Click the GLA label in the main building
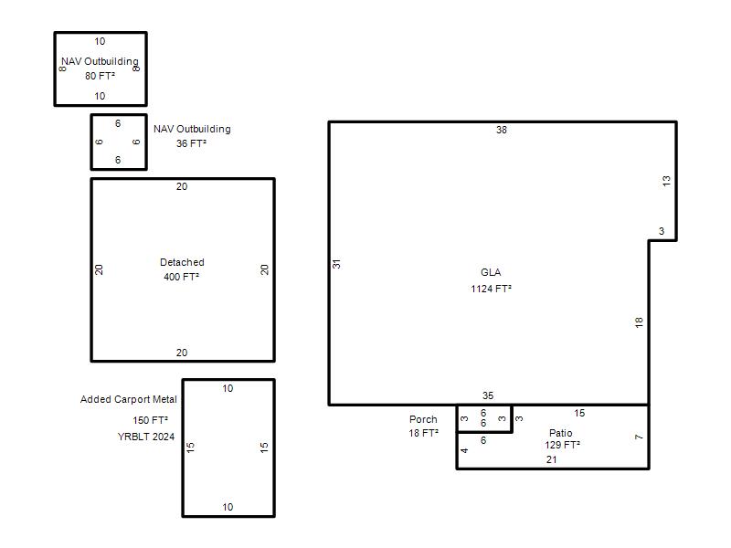(x=491, y=272)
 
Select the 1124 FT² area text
(x=491, y=289)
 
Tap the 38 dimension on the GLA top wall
(x=501, y=130)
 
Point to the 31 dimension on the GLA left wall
(x=336, y=264)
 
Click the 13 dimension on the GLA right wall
(x=667, y=181)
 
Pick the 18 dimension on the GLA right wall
(x=639, y=322)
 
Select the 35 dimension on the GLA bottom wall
(x=488, y=395)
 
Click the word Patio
(x=560, y=433)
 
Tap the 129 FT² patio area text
(x=562, y=445)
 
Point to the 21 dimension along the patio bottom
(x=552, y=460)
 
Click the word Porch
(x=423, y=419)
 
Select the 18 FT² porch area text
(x=423, y=433)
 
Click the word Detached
(x=182, y=262)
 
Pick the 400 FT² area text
(x=181, y=277)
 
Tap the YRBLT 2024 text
(x=146, y=437)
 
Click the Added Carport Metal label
(x=129, y=399)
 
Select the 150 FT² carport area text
(x=150, y=420)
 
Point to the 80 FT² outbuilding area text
(x=100, y=76)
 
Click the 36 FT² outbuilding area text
(x=191, y=143)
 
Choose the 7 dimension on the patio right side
(x=639, y=437)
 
